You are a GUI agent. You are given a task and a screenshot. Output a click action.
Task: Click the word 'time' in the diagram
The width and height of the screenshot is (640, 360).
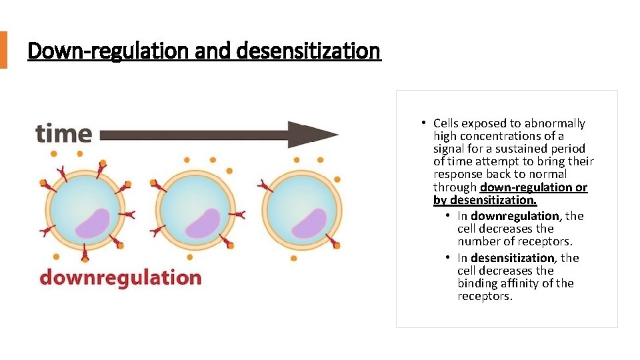click(64, 133)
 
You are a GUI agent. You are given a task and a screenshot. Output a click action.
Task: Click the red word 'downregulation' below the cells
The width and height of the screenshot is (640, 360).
click(120, 277)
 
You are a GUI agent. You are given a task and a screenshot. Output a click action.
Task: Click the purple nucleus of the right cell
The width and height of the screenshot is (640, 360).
click(309, 223)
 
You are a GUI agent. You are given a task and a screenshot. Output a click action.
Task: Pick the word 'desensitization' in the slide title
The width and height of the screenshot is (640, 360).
click(308, 50)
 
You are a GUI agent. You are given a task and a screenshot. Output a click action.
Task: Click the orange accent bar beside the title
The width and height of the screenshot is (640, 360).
click(3, 50)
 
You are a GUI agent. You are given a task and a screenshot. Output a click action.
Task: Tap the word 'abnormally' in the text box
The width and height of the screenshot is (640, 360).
click(555, 123)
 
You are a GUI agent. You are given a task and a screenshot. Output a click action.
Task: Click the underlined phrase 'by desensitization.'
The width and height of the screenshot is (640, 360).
click(485, 200)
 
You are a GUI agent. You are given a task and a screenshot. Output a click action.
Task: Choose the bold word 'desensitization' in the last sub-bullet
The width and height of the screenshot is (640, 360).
click(513, 258)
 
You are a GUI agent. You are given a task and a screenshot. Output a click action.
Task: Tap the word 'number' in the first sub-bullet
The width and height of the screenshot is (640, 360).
click(477, 241)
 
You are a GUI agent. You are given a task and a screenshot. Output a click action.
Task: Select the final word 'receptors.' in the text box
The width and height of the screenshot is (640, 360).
click(485, 296)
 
